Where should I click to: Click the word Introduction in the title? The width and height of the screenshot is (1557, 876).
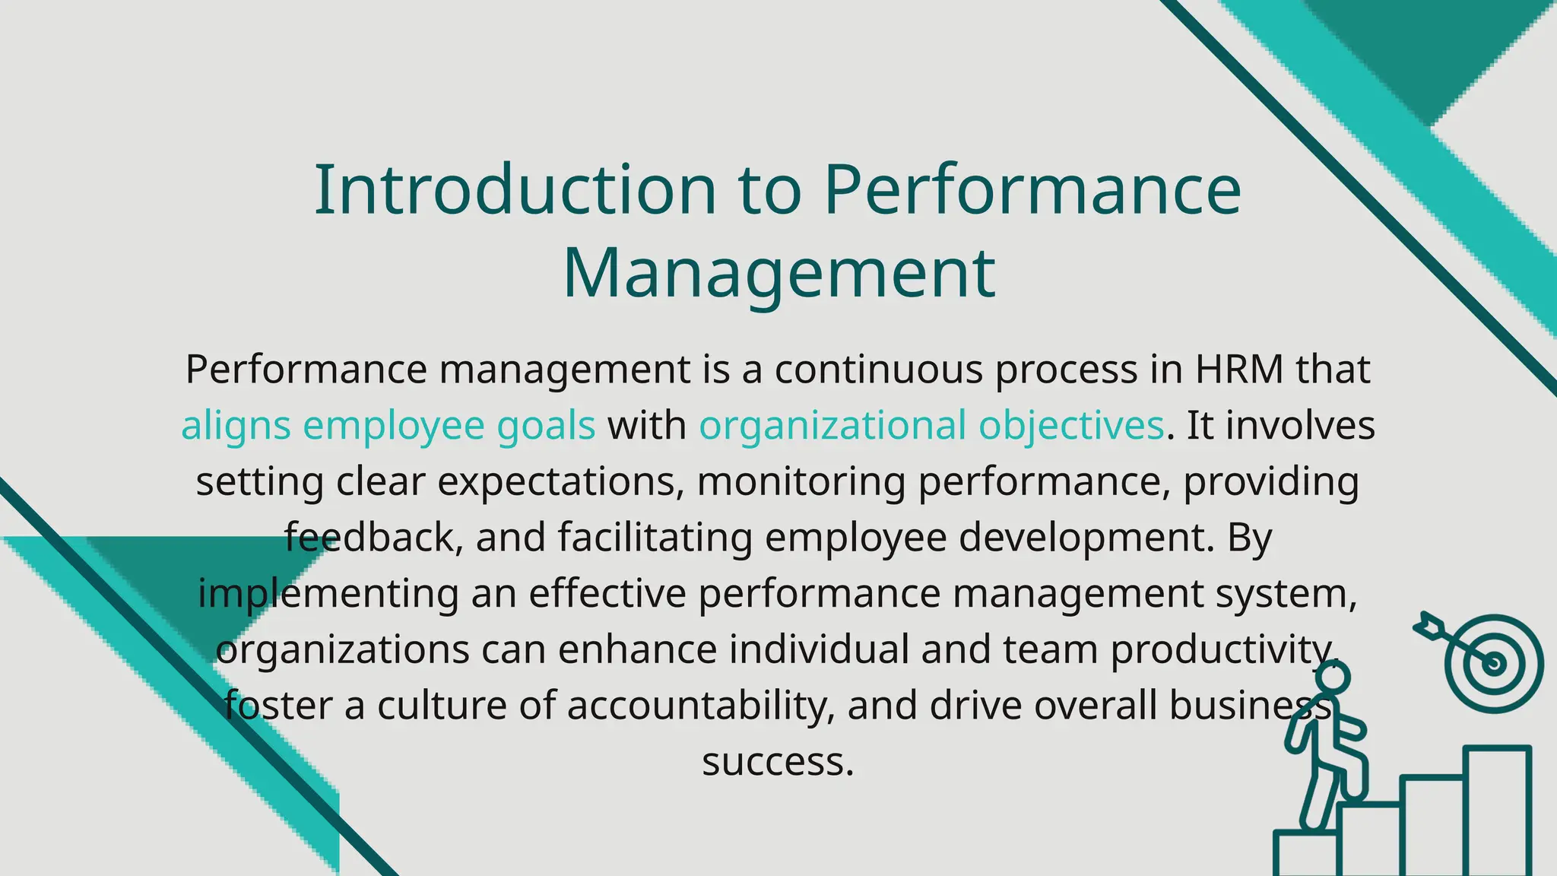[515, 190]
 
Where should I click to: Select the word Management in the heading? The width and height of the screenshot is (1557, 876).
[778, 274]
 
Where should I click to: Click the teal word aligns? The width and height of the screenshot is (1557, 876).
[236, 426]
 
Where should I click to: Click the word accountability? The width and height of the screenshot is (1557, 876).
[696, 706]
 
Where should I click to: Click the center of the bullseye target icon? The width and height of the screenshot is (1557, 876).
[1494, 664]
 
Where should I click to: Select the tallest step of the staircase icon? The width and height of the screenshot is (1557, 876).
[1497, 810]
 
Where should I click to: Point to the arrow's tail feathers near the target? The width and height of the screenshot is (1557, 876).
[1425, 623]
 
